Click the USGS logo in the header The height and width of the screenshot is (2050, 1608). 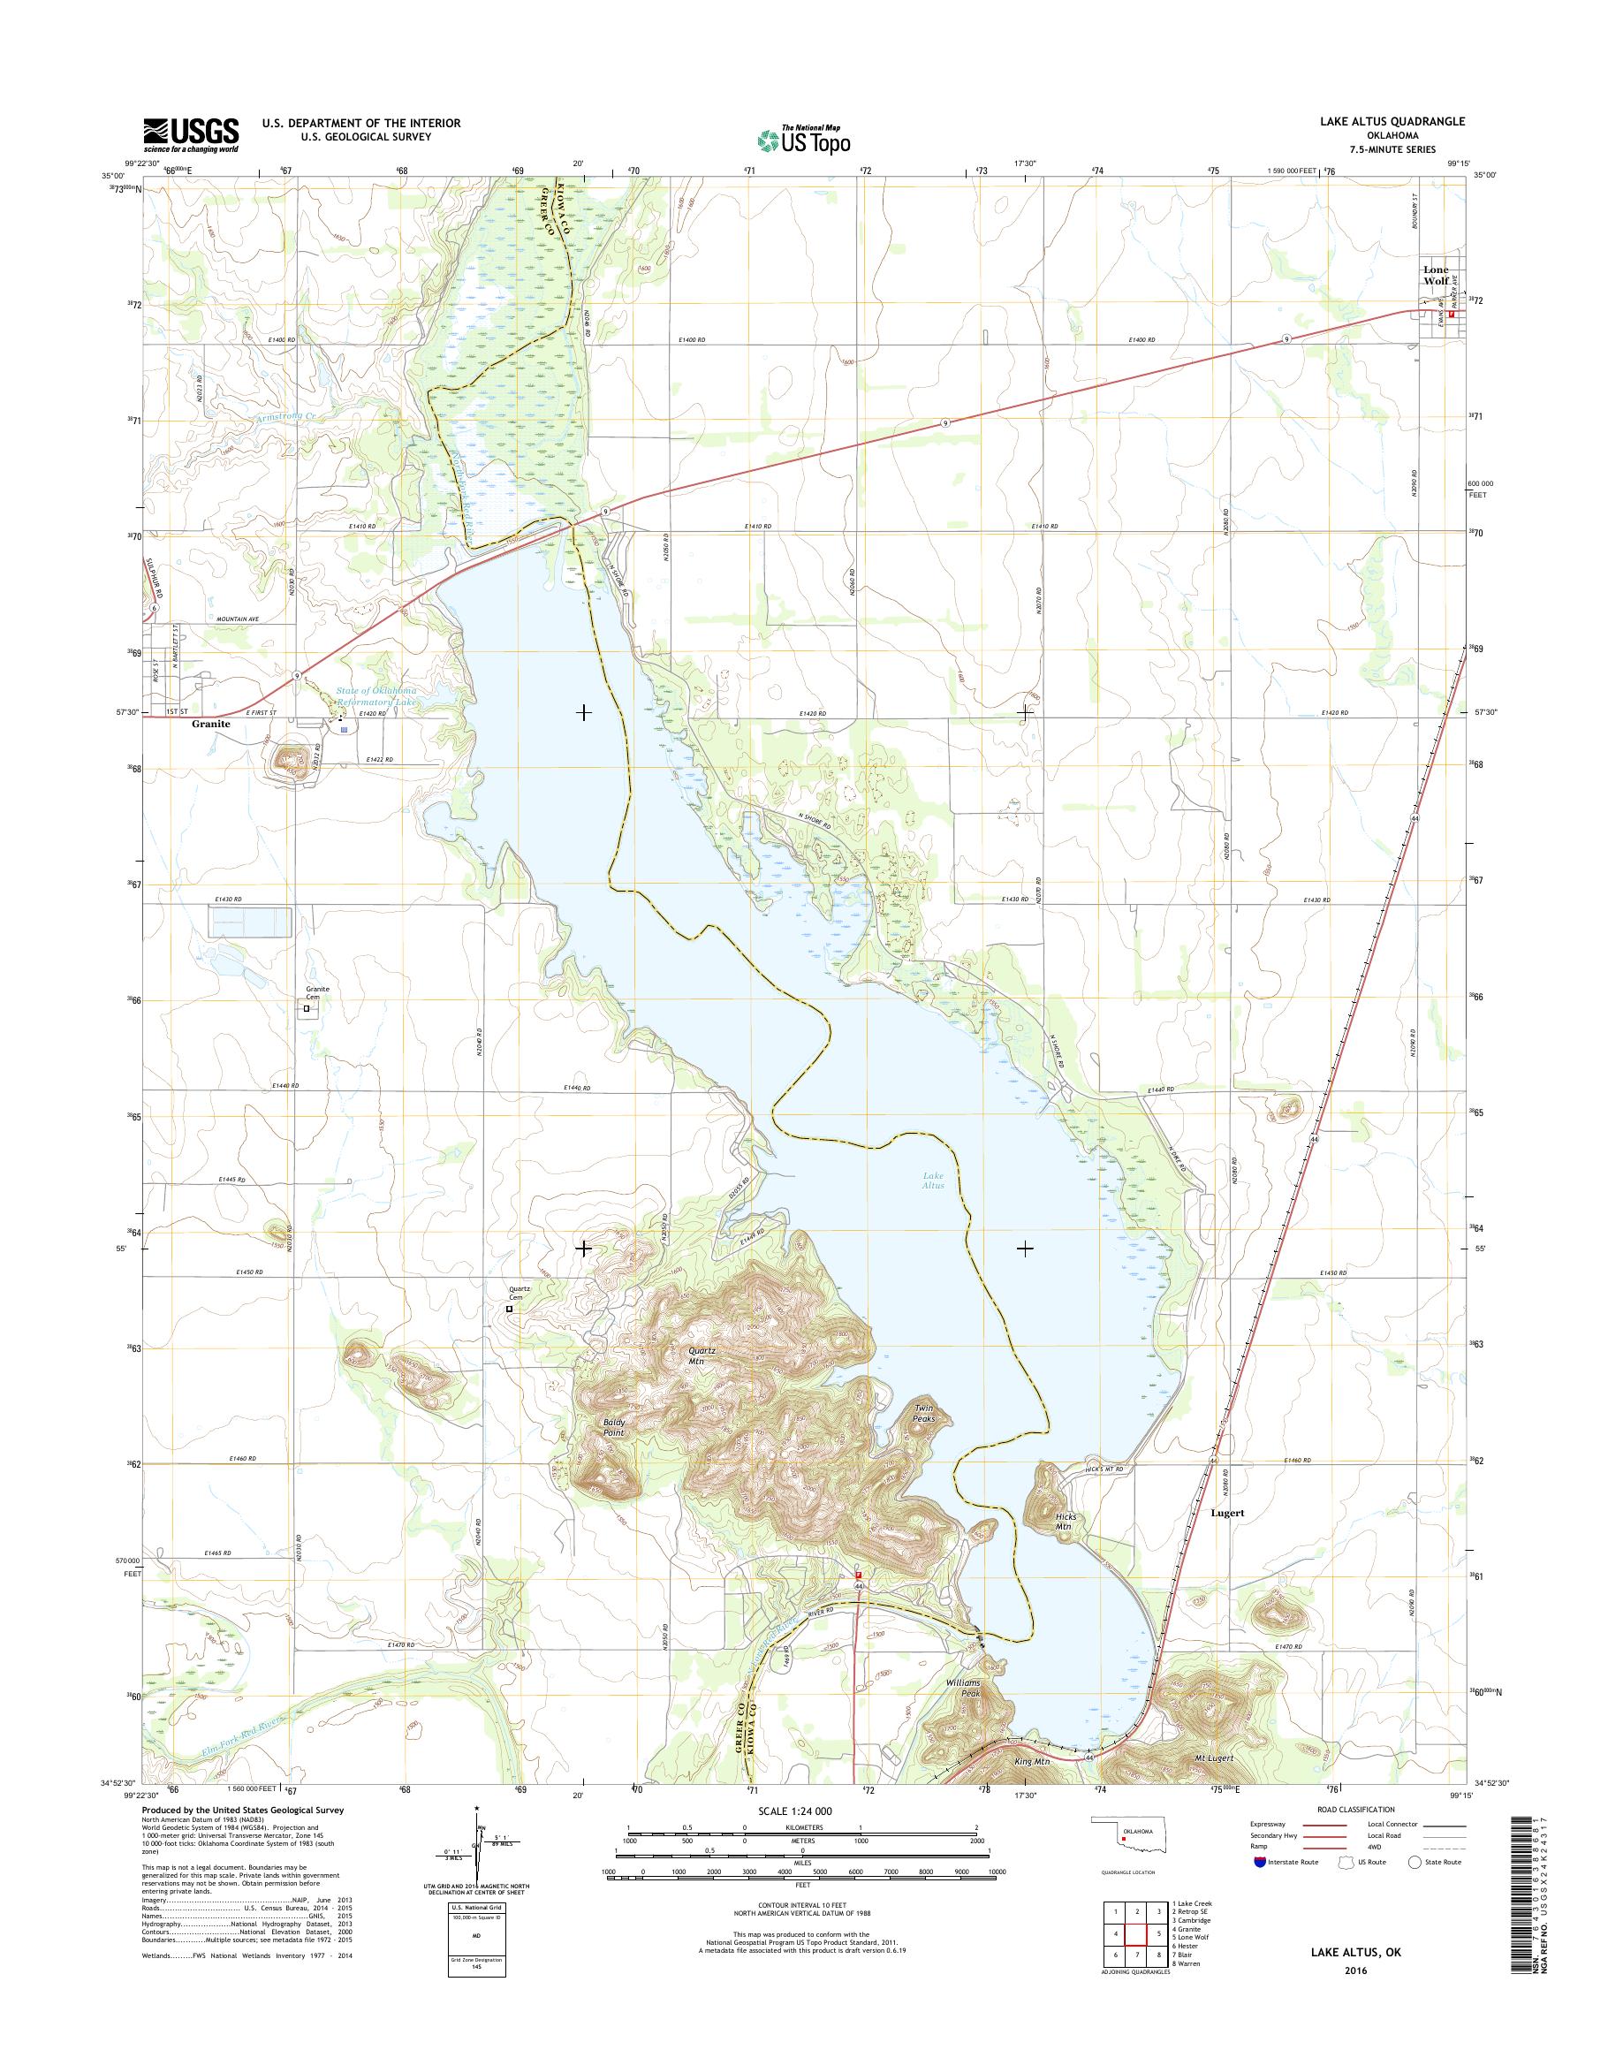click(x=190, y=134)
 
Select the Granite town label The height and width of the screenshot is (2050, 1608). click(x=211, y=725)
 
